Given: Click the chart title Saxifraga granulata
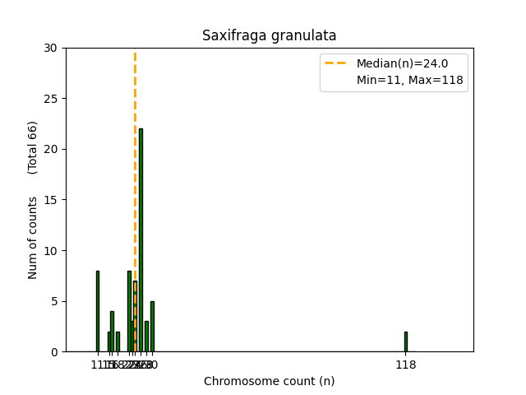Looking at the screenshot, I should pyautogui.click(x=269, y=36).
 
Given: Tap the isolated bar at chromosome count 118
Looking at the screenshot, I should pyautogui.click(x=405, y=342).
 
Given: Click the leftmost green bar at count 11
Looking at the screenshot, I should pyautogui.click(x=97, y=311).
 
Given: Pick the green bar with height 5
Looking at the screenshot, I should pyautogui.click(x=152, y=327).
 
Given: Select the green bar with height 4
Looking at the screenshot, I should pyautogui.click(x=112, y=332).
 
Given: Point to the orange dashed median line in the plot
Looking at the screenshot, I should pyautogui.click(x=135, y=165).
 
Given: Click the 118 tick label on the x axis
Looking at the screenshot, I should pyautogui.click(x=405, y=365).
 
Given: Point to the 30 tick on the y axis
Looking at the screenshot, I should pyautogui.click(x=51, y=48).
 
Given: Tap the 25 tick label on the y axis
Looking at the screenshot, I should pyautogui.click(x=51, y=99).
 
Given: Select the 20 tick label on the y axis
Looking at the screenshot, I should pyautogui.click(x=51, y=149).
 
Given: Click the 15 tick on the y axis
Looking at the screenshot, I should pyautogui.click(x=51, y=200).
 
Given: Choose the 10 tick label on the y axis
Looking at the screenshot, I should pyautogui.click(x=51, y=250).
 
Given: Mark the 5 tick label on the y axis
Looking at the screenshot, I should pyautogui.click(x=54, y=301).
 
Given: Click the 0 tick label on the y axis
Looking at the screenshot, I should pyautogui.click(x=54, y=352).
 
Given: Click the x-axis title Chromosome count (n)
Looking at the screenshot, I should pyautogui.click(x=269, y=381).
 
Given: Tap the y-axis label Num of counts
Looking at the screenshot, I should pyautogui.click(x=33, y=237).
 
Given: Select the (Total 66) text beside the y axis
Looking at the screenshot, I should pyautogui.click(x=33, y=147).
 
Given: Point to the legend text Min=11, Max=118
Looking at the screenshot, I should pyautogui.click(x=409, y=81).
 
